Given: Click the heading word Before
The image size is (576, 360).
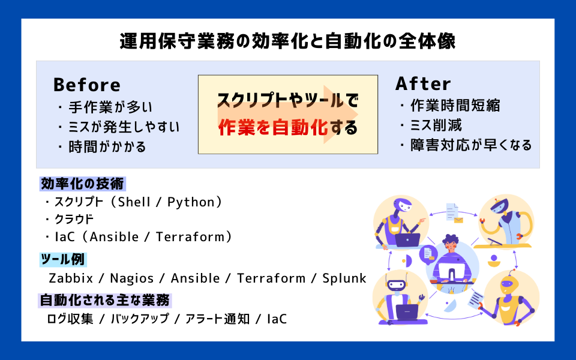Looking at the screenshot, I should tap(86, 85).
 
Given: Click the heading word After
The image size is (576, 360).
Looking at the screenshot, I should tap(423, 83).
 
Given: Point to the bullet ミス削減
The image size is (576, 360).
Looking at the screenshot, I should tap(430, 125).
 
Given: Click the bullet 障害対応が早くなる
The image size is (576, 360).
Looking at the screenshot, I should tap(466, 145).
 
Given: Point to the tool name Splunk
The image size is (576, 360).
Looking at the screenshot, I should tap(344, 278).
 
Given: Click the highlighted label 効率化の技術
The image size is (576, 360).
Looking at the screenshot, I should tap(83, 183).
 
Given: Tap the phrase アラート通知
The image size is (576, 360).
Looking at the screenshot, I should tap(217, 319).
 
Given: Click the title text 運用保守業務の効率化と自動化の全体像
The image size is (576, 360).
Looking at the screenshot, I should tap(287, 41).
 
